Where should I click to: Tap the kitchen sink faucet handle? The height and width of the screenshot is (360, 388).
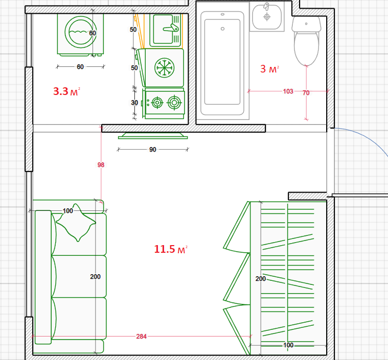click(x=171, y=28)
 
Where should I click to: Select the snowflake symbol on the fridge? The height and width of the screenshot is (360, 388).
click(x=164, y=68)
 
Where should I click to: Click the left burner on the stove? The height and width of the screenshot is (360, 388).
click(x=157, y=103)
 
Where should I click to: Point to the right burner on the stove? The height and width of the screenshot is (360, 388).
click(x=174, y=102)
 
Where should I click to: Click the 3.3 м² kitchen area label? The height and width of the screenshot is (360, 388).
click(x=66, y=91)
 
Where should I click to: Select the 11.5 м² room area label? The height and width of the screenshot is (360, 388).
click(x=171, y=249)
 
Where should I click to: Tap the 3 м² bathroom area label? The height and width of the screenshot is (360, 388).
click(x=269, y=69)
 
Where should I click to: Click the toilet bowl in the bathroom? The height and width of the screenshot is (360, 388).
click(x=306, y=48)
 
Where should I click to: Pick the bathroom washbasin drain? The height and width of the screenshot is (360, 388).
click(x=267, y=17)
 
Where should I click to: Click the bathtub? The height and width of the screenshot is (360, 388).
click(x=222, y=63)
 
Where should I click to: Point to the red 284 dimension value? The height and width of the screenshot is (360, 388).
click(x=141, y=337)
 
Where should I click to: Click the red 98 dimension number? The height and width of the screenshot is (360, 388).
click(x=101, y=164)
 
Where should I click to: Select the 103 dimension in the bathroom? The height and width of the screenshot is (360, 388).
click(x=288, y=91)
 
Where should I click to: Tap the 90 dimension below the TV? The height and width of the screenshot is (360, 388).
click(x=153, y=149)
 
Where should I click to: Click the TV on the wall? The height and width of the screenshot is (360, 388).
click(x=153, y=136)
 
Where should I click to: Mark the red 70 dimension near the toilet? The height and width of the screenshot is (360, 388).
click(x=306, y=93)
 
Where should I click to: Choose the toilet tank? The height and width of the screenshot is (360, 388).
click(x=306, y=24)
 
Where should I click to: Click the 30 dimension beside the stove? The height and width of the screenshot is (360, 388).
click(x=134, y=102)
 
